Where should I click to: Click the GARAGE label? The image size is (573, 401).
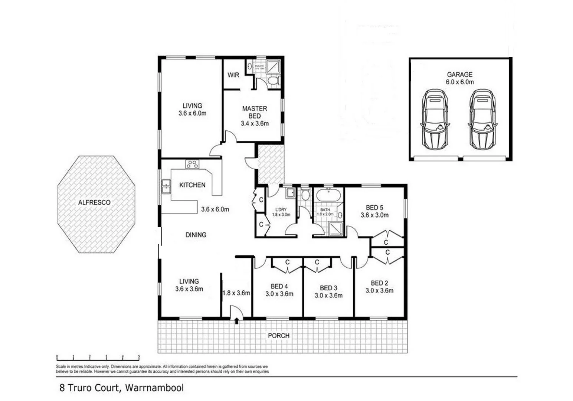point(459,74)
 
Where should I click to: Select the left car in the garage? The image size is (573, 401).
point(435,119)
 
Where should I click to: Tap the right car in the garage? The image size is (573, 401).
point(482,119)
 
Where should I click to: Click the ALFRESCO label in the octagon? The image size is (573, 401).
point(94,203)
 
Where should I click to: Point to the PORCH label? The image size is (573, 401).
point(278,336)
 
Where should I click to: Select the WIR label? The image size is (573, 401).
point(233,75)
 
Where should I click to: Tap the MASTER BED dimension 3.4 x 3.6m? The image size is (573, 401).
point(255,124)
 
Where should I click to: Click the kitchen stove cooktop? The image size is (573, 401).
point(192,164)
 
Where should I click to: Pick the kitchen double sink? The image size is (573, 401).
point(166,186)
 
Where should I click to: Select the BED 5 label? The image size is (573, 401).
point(374,208)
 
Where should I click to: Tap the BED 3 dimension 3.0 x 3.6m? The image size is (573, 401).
point(328,296)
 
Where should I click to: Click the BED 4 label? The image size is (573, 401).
point(279,286)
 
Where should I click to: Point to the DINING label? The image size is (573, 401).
point(196,235)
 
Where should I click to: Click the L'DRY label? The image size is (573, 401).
point(281,210)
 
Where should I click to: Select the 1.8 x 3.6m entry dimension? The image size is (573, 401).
point(236,293)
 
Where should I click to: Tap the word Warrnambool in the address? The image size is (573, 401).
point(154,388)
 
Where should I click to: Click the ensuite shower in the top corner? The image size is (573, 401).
point(274,66)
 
